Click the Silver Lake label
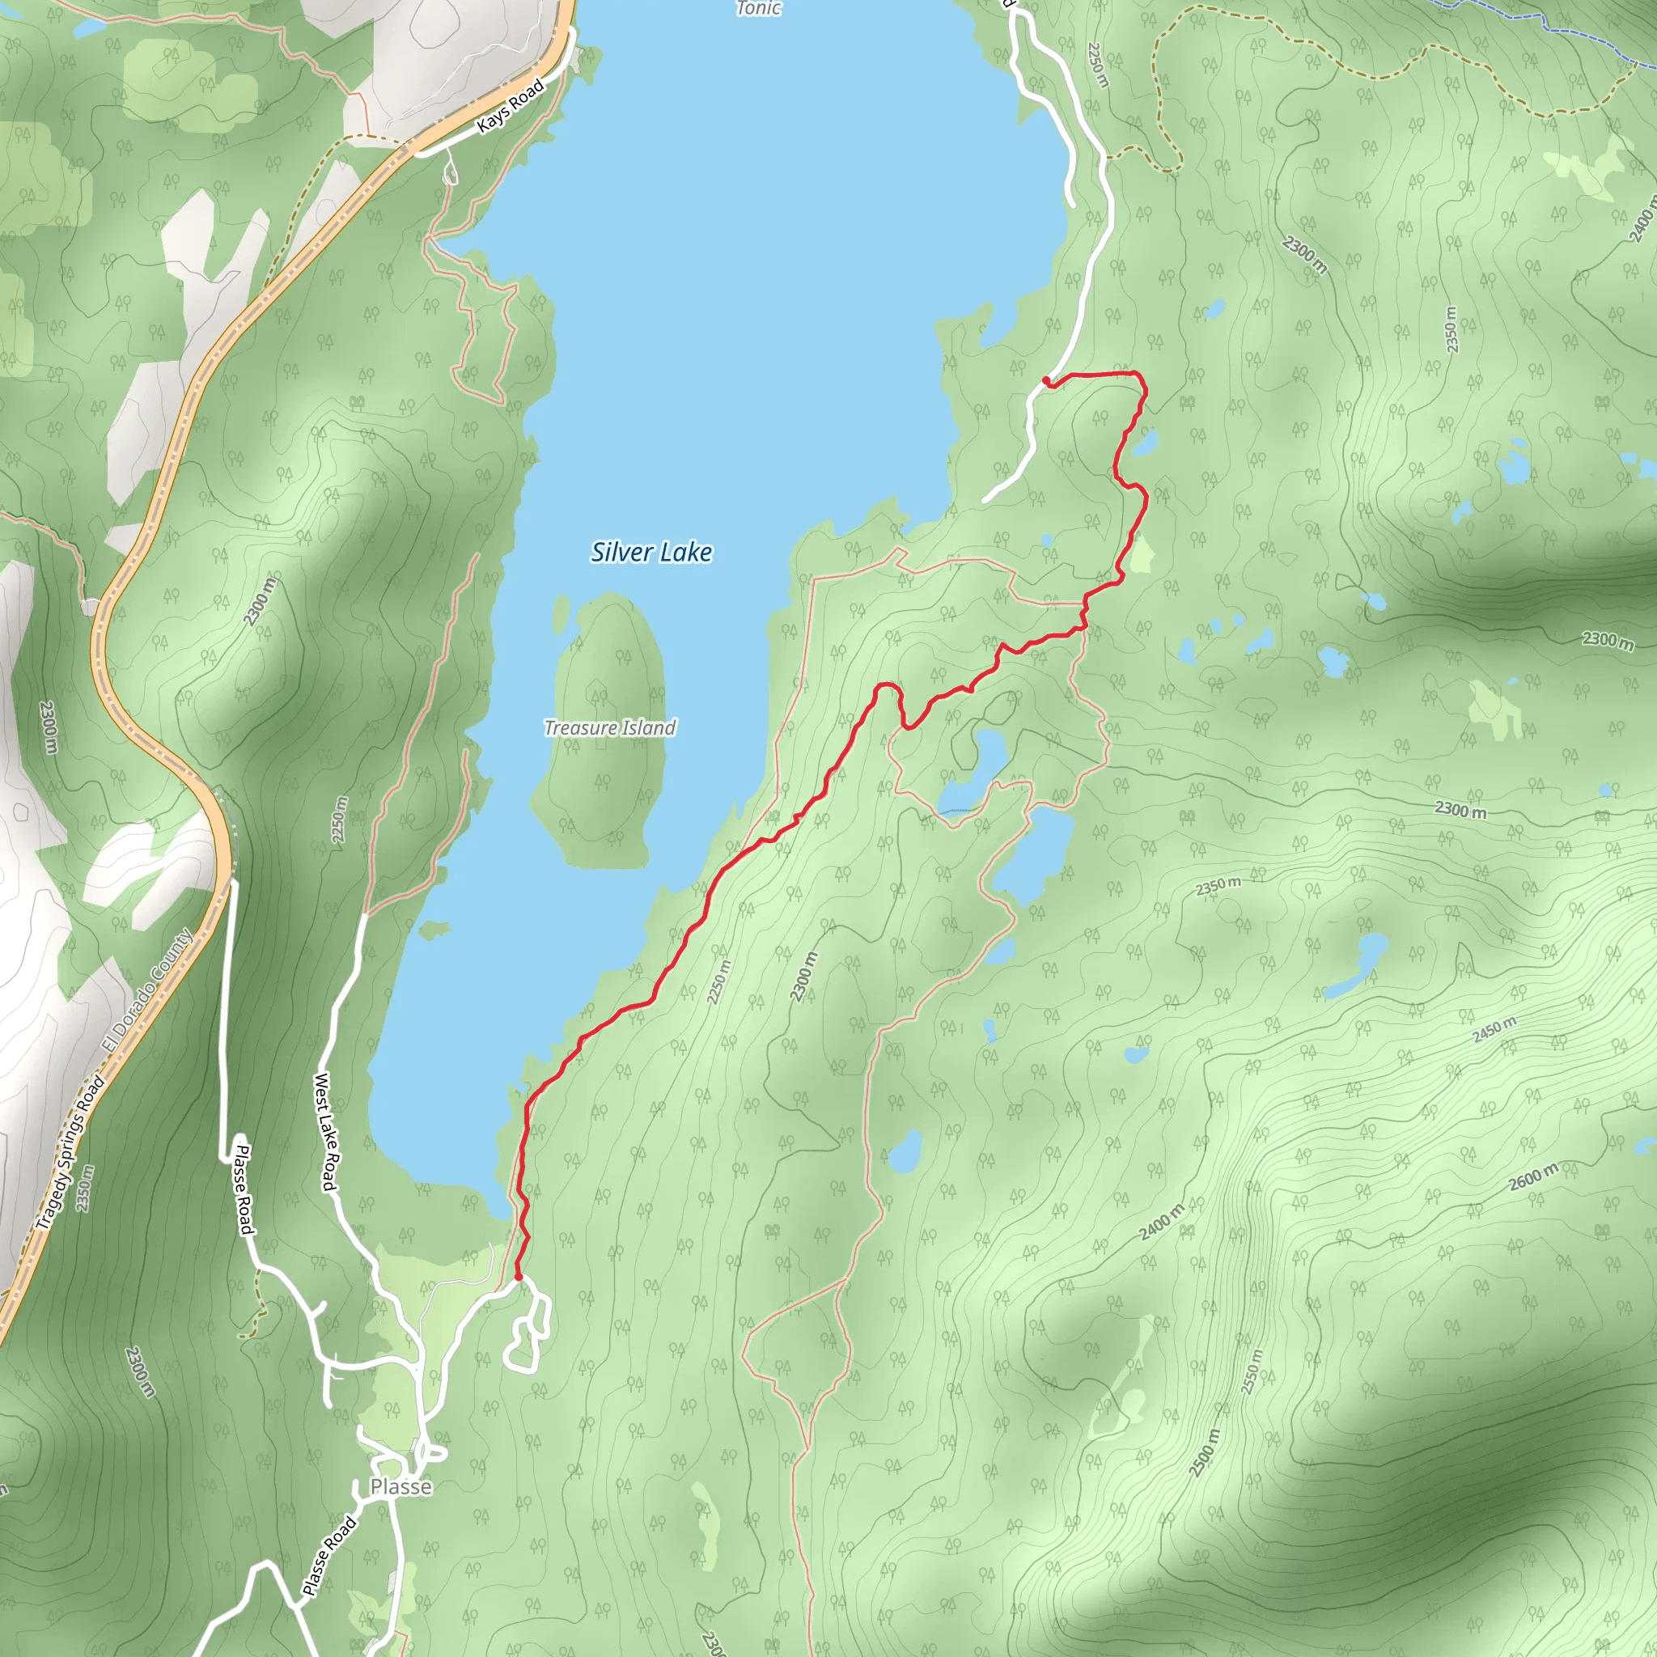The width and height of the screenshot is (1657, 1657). pos(651,553)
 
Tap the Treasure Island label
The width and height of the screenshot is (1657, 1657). pos(610,728)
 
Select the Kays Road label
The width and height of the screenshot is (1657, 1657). pos(511,105)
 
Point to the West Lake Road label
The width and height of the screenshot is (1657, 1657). pos(325,1131)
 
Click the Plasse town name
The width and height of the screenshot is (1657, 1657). pos(400,1486)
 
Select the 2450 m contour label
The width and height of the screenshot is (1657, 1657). pos(1494,1029)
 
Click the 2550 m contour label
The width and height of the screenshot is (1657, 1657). pos(1253,1371)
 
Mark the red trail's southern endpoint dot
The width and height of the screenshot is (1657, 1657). pos(518,1277)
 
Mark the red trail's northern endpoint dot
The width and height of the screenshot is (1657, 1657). pos(1045,380)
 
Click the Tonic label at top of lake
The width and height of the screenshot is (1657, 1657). pos(758,9)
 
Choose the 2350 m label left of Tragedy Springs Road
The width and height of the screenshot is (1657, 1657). pos(83,1188)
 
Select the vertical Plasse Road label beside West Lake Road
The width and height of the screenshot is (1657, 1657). pos(245,1189)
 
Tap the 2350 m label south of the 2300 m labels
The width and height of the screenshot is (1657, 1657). pos(1218,886)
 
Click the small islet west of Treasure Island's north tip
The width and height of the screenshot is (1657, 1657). pos(561,613)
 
